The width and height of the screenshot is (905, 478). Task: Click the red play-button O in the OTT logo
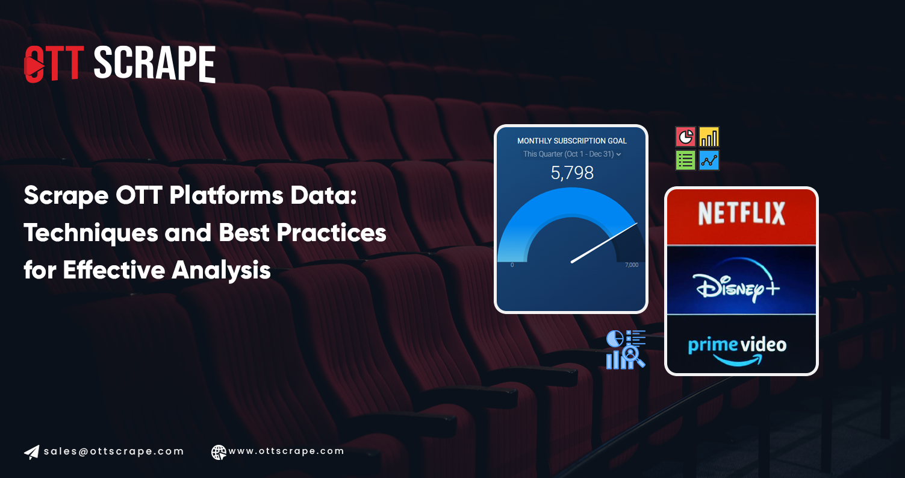pos(35,64)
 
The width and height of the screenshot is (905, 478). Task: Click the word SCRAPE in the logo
pos(155,64)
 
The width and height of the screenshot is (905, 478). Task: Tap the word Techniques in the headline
pos(90,233)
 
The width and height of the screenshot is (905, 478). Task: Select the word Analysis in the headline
pos(221,270)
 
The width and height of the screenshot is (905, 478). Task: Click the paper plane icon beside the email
pos(31,452)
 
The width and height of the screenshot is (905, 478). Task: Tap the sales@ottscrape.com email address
pos(114,451)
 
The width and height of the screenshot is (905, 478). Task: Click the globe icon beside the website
pos(219,452)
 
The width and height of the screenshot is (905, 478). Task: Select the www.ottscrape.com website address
pos(286,451)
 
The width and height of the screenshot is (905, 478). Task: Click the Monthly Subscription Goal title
pos(571,140)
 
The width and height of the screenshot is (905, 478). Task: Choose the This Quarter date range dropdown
pos(571,154)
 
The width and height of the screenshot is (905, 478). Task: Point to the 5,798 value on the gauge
pos(572,173)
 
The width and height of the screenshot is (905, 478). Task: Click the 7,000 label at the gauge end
pos(632,265)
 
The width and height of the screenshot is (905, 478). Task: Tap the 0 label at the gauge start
pos(512,265)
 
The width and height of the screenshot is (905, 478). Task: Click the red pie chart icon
pos(685,137)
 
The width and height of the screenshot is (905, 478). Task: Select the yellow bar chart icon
pos(709,137)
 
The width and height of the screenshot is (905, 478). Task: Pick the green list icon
pos(685,160)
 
